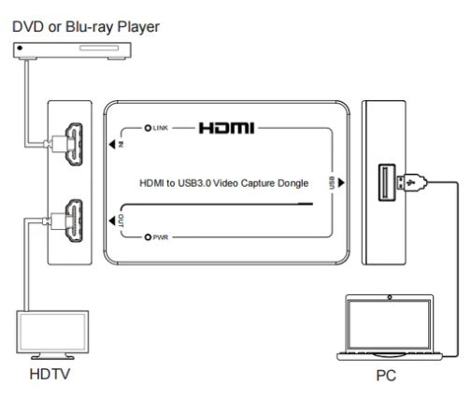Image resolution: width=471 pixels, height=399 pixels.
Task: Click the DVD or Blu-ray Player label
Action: pos(86,27)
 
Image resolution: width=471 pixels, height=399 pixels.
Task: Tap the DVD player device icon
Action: pos(72,50)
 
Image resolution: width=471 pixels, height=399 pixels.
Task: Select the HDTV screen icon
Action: pos(52,335)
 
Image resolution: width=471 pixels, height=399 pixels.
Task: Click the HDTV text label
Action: pos(50,374)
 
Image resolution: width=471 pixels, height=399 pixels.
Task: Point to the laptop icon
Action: pos(390,327)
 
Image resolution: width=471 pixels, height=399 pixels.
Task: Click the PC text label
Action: pos(386,376)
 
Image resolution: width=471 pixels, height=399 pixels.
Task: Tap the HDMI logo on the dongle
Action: pos(226,128)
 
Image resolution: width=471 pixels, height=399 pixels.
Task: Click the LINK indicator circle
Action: pos(148,128)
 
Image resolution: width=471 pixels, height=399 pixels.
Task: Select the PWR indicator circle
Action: pos(148,237)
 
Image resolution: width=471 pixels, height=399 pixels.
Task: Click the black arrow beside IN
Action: pos(112,144)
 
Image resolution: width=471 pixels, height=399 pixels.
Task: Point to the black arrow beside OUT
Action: pos(112,221)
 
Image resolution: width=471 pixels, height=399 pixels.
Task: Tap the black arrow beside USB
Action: pos(341,182)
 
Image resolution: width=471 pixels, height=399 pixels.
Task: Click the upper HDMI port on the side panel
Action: pos(74,144)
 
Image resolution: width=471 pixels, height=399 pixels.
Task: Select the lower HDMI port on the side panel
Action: pos(74,221)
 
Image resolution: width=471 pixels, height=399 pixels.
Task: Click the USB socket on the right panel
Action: pos(387,182)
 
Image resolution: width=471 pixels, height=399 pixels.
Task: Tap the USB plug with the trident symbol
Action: pos(410,183)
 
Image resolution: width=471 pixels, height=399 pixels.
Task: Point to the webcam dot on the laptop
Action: pos(390,298)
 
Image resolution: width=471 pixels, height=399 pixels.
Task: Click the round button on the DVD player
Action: pos(20,48)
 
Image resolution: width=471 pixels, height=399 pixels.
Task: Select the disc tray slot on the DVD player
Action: pos(99,48)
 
